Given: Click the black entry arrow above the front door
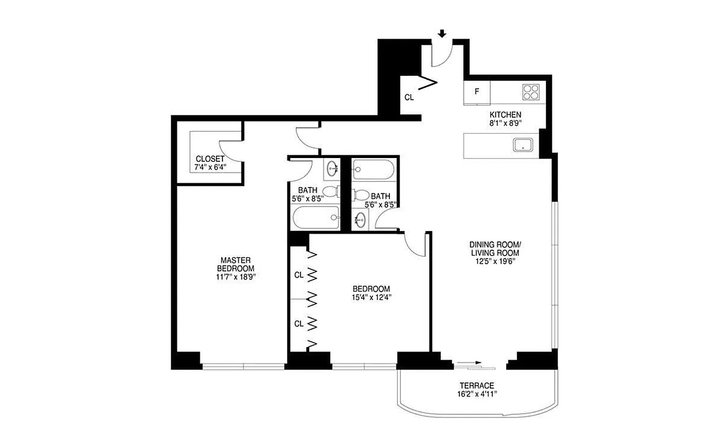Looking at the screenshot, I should click(442, 34).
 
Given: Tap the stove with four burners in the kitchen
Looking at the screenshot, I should click(531, 92).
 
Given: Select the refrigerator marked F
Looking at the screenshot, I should click(477, 92).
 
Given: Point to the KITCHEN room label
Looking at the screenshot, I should click(505, 115).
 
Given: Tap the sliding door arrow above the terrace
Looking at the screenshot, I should click(469, 362).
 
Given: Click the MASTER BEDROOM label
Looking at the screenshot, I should click(236, 264).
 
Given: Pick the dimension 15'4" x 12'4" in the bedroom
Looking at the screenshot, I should click(371, 298).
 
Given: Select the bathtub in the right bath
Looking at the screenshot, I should click(371, 169).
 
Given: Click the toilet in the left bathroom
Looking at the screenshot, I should click(331, 192).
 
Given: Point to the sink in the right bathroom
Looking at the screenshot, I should click(360, 220).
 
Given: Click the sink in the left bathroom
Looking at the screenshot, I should click(332, 169).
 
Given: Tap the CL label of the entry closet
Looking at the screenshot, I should click(410, 98).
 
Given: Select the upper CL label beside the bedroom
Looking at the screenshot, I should click(299, 275).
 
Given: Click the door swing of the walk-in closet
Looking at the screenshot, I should click(228, 150).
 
